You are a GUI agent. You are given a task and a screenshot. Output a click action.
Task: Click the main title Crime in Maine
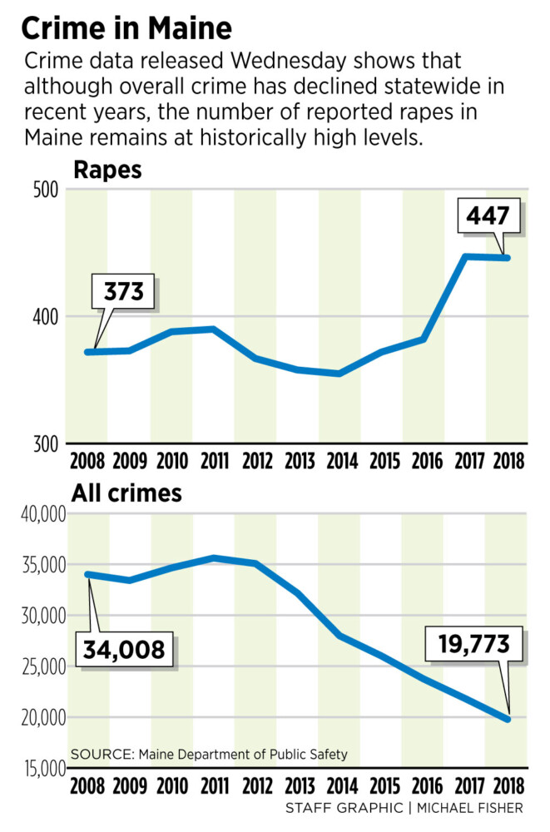(x=126, y=27)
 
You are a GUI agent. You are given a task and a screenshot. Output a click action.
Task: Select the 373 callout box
(x=124, y=292)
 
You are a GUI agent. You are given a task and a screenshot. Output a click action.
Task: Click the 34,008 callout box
(x=126, y=648)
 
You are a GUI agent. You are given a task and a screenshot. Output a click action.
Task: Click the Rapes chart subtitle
(x=107, y=171)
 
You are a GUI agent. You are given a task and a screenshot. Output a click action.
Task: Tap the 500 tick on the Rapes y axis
(x=47, y=189)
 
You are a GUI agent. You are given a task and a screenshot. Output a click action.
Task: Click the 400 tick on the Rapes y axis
(x=47, y=317)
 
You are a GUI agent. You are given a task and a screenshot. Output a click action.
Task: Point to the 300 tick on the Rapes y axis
(x=47, y=443)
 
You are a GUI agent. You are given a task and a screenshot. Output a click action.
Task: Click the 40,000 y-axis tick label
(x=36, y=515)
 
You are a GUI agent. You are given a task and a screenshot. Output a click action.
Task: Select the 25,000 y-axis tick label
(x=36, y=666)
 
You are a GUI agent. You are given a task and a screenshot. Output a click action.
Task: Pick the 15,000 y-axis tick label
(x=36, y=768)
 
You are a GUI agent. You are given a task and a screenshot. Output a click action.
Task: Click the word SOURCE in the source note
(x=101, y=755)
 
